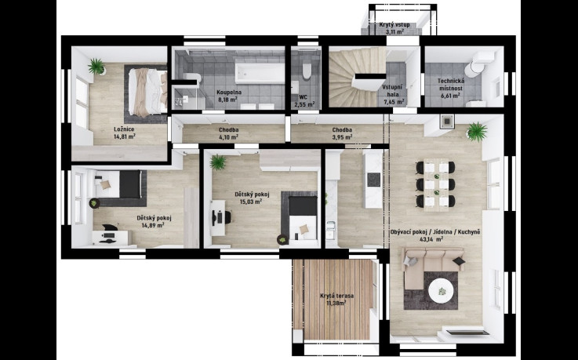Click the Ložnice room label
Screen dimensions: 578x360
click(x=124, y=129)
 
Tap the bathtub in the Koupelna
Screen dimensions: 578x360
click(x=260, y=73)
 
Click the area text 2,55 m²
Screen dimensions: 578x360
click(x=304, y=104)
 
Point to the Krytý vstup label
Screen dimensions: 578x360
click(x=394, y=24)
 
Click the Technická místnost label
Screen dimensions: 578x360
click(x=450, y=85)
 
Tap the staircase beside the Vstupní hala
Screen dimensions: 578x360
click(x=356, y=77)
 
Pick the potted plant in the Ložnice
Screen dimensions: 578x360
click(x=97, y=67)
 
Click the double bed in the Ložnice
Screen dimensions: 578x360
click(x=147, y=92)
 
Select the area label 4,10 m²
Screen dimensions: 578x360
click(x=228, y=136)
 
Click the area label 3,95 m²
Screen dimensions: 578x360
click(x=342, y=136)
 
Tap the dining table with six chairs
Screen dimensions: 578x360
click(x=436, y=184)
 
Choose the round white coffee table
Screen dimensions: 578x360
click(x=442, y=291)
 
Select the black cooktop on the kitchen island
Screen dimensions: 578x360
click(x=375, y=180)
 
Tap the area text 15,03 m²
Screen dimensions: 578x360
click(x=252, y=202)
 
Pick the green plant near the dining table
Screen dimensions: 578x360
click(x=477, y=132)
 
